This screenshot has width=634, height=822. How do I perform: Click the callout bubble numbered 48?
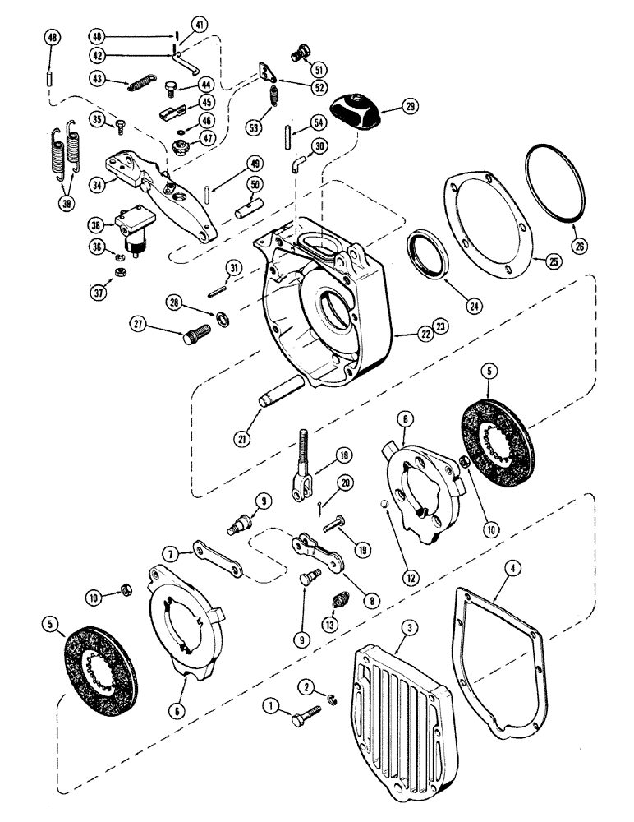tap(52, 39)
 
